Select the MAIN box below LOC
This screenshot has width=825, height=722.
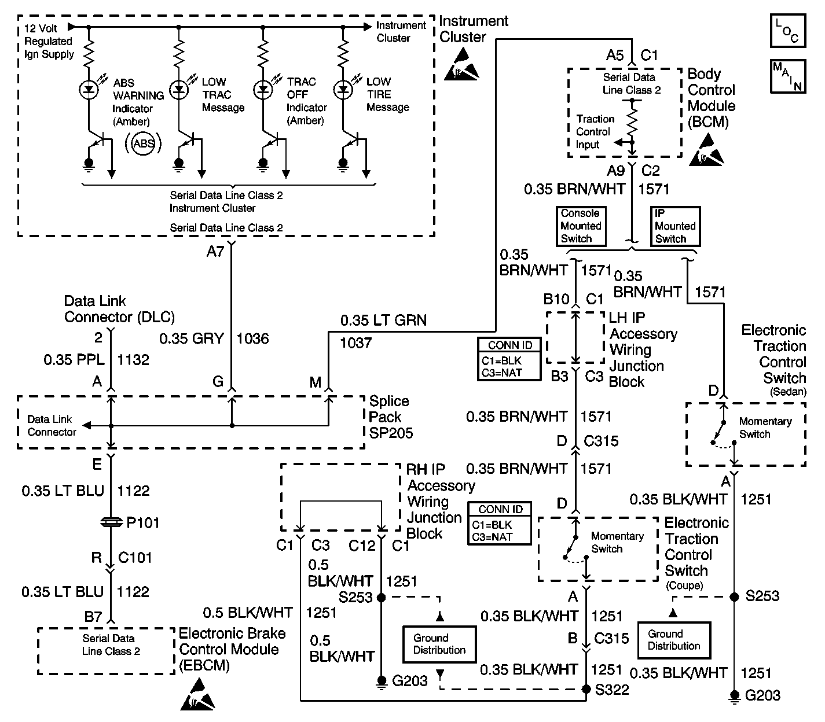(787, 76)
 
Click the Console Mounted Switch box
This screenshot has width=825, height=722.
(581, 226)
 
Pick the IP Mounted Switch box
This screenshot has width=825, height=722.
(674, 227)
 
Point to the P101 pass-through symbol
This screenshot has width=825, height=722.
(111, 522)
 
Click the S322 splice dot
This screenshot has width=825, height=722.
(586, 689)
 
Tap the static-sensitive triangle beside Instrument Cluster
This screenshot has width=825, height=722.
(461, 64)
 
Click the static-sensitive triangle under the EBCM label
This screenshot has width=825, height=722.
(197, 696)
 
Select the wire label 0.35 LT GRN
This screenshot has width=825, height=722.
(383, 321)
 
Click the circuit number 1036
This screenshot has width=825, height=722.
(252, 338)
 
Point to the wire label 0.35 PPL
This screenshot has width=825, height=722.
(74, 360)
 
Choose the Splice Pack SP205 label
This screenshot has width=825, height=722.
(390, 417)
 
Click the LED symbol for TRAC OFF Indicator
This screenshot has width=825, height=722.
(263, 89)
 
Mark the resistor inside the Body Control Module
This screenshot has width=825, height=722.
(632, 123)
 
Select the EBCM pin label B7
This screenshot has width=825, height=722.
(94, 617)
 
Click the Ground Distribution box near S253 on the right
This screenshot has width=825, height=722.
(674, 640)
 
